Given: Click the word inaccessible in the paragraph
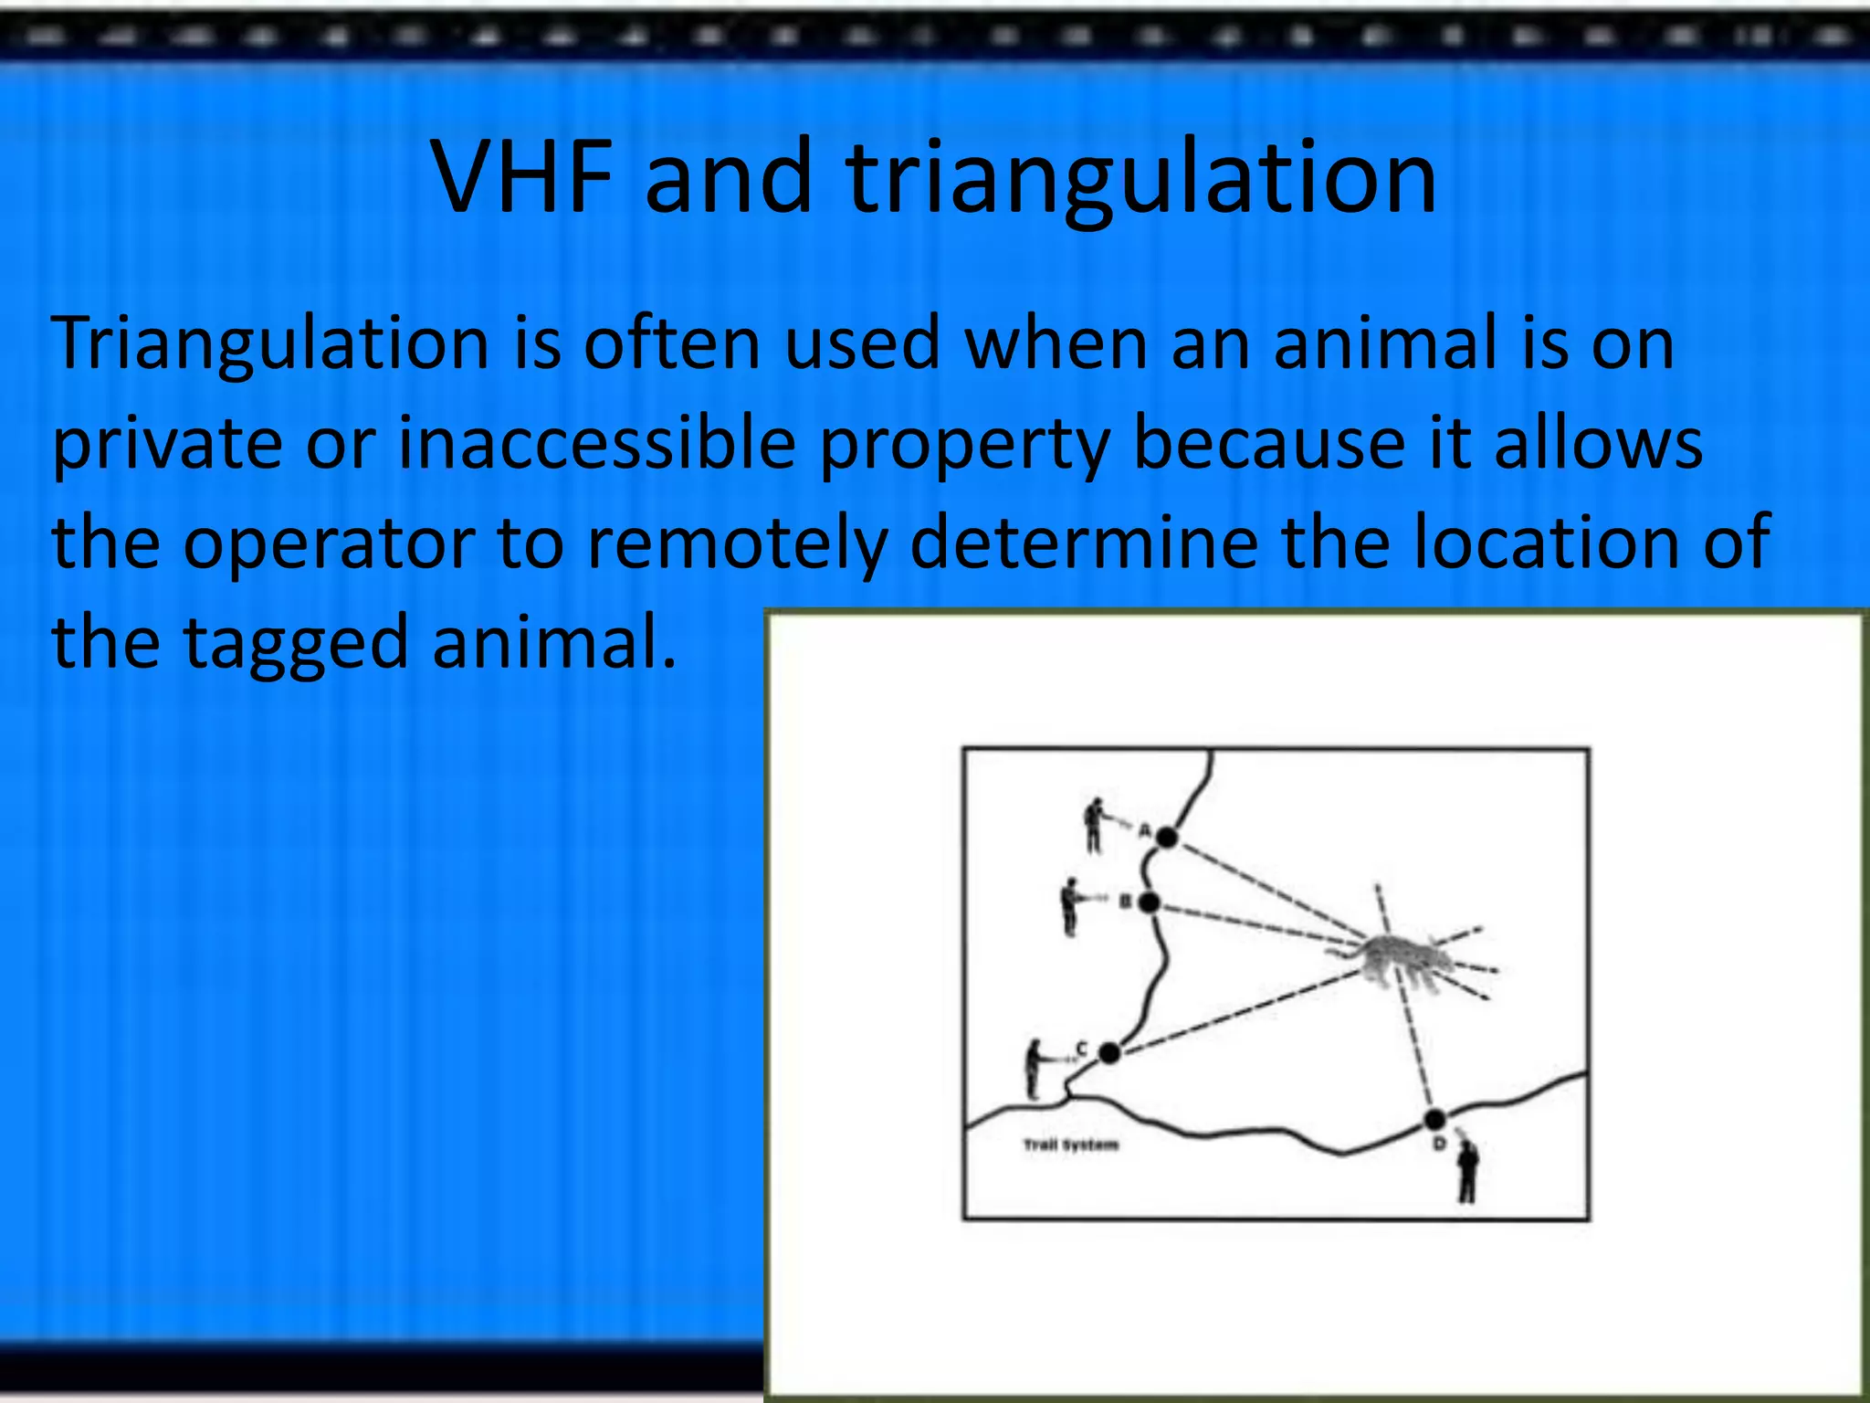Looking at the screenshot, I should tap(596, 444).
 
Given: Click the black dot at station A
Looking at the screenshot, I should tap(1167, 837).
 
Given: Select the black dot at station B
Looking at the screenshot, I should tap(1150, 902).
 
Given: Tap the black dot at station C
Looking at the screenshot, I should tap(1109, 1053).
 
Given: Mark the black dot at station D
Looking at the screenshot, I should tap(1435, 1119).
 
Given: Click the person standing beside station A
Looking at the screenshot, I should tap(1093, 825).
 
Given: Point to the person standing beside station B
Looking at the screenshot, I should tap(1069, 906).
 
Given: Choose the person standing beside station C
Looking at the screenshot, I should tap(1034, 1068).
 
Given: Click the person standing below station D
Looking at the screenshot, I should tap(1467, 1171).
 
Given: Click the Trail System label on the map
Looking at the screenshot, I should tap(1070, 1145).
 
